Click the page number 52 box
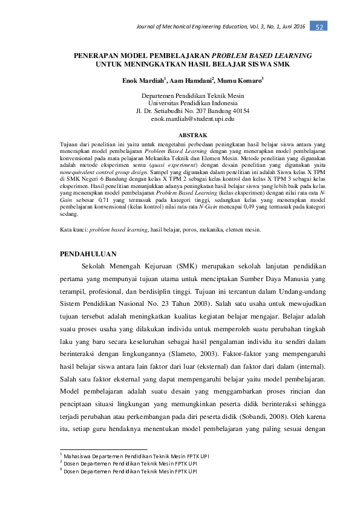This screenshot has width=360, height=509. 319,27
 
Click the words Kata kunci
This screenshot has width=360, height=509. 74,230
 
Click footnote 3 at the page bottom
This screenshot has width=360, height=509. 115,472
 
